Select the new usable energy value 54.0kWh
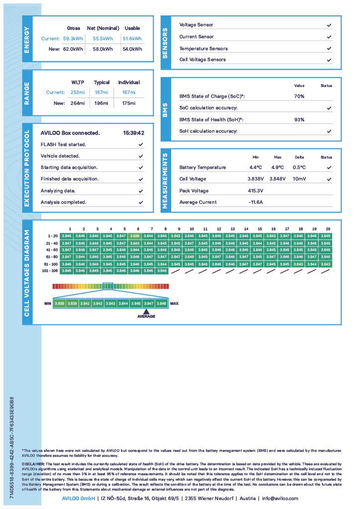[x=132, y=49]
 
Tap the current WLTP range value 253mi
[x=78, y=92]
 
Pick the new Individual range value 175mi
[x=129, y=103]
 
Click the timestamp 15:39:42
[x=134, y=133]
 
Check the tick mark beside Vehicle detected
[x=141, y=156]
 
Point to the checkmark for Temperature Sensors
[x=329, y=49]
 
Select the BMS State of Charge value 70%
[x=299, y=96]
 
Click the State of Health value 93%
[x=299, y=120]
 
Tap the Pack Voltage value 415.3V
[x=256, y=191]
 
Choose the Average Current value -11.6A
[x=256, y=202]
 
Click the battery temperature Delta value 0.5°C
[x=299, y=168]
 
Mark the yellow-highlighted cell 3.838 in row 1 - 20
[x=134, y=236]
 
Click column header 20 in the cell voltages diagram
[x=328, y=229]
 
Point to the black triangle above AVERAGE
[x=146, y=311]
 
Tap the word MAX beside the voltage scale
[x=174, y=303]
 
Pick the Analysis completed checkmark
[x=141, y=202]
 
